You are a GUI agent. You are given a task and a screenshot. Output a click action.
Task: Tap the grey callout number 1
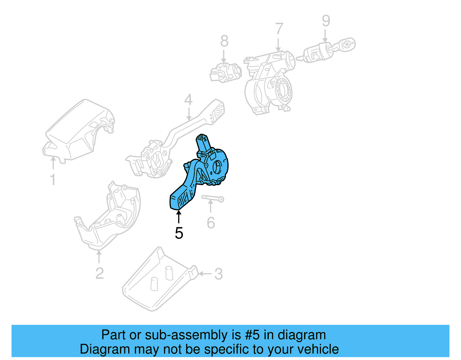53,179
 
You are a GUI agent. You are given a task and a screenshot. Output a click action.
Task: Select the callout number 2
99,273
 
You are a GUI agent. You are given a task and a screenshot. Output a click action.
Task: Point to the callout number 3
218,274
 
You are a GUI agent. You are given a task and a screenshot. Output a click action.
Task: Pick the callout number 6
211,223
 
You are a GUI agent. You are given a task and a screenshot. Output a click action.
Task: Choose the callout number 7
279,29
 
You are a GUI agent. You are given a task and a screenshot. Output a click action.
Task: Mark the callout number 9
326,20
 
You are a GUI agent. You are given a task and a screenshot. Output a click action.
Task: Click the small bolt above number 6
213,199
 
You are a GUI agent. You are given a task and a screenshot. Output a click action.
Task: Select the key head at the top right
347,45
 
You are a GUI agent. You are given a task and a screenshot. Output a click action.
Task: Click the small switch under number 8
226,73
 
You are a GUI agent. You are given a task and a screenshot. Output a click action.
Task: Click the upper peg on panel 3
169,273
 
